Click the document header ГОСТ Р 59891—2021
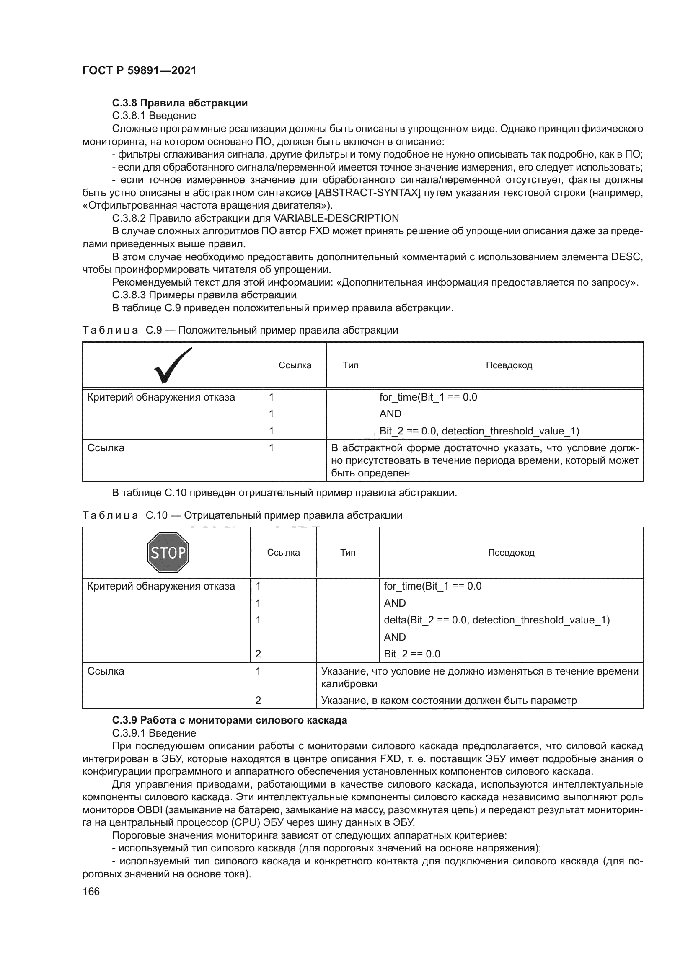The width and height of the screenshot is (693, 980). click(139, 71)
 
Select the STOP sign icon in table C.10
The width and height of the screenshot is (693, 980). click(168, 552)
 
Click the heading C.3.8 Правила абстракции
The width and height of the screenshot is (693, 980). click(180, 103)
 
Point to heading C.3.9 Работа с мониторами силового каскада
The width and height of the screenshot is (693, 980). click(230, 720)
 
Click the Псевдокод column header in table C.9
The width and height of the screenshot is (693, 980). click(509, 365)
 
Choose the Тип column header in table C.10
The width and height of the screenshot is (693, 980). click(348, 553)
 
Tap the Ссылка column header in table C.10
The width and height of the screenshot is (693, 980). click(283, 553)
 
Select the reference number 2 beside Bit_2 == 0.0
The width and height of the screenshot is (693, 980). click(258, 654)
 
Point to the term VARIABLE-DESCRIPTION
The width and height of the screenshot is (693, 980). click(336, 219)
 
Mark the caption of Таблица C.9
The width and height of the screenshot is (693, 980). click(240, 330)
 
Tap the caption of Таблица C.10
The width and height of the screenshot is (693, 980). click(242, 515)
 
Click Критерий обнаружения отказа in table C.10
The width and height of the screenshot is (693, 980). click(161, 586)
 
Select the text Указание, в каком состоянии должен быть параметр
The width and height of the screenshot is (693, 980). click(448, 700)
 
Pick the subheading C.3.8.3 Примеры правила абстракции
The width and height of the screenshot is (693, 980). click(204, 295)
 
